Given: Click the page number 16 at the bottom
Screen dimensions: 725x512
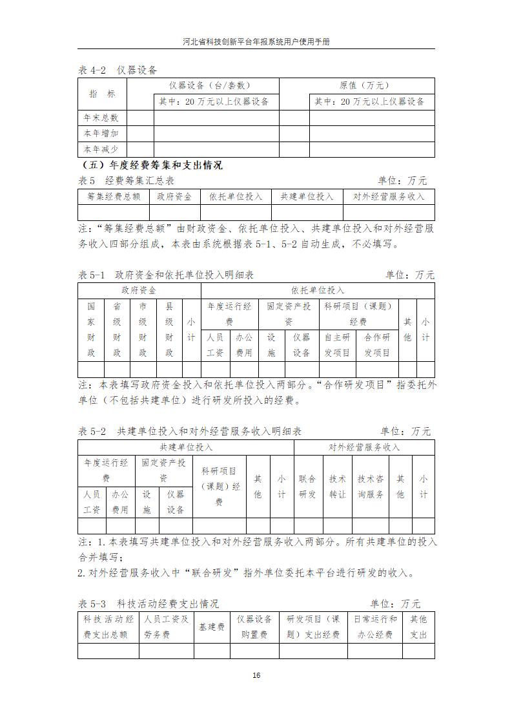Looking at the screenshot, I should point(256,675).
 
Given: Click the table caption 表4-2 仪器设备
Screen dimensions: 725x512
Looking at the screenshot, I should point(118,70).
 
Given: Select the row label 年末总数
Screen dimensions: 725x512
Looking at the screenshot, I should point(101,118).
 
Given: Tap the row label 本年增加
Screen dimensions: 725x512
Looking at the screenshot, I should point(101,134).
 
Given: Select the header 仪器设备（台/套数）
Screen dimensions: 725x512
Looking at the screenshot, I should point(210,85).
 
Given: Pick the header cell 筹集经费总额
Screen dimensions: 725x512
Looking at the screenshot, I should point(113,196).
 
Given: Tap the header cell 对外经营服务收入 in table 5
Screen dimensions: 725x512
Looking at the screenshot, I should point(389,196).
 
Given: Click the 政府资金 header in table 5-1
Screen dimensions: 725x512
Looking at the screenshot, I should point(139,291).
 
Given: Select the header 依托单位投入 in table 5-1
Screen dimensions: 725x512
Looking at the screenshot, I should point(318,291).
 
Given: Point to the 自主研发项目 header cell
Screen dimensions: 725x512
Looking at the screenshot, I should point(338,344).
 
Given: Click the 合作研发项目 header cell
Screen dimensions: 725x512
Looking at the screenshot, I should point(378,344).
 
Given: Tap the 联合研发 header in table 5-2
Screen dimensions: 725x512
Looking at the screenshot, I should point(307,487).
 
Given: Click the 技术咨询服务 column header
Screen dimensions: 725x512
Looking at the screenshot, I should point(371,487).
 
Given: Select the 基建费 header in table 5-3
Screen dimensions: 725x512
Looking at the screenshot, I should point(212,627).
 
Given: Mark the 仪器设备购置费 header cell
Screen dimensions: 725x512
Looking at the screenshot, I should point(255,627).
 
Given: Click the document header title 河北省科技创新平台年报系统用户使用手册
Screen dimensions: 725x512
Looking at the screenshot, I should point(256,41).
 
